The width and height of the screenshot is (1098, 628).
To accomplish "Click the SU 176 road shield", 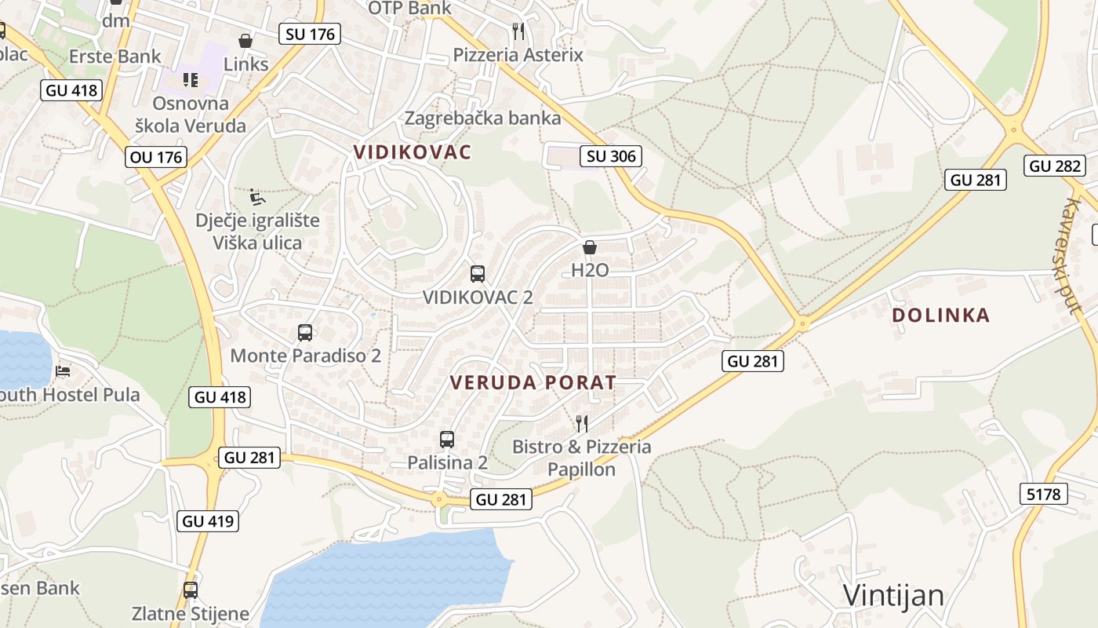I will pyautogui.click(x=309, y=34).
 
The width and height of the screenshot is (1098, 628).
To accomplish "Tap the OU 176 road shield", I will pyautogui.click(x=156, y=157).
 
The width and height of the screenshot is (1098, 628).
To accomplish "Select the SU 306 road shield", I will pyautogui.click(x=612, y=155).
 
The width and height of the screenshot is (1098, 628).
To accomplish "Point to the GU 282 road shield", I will pyautogui.click(x=1055, y=166).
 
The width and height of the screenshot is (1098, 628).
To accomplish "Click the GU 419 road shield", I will pyautogui.click(x=208, y=520).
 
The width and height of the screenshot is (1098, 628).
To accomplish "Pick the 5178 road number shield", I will pyautogui.click(x=1044, y=494).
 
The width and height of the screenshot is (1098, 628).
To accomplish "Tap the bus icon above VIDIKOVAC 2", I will pyautogui.click(x=478, y=273).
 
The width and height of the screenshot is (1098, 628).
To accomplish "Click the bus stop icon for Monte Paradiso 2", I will pyautogui.click(x=305, y=332).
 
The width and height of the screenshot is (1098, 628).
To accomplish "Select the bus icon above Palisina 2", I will pyautogui.click(x=447, y=440).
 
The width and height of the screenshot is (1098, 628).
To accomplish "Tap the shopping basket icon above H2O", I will pyautogui.click(x=590, y=247).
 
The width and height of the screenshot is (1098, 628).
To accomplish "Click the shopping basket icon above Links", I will pyautogui.click(x=245, y=40).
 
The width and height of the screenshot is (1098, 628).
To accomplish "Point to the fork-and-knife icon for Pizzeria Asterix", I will pyautogui.click(x=518, y=31).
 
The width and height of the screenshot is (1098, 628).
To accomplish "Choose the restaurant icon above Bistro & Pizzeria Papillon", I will pyautogui.click(x=581, y=424).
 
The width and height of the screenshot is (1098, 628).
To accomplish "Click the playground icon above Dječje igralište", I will pyautogui.click(x=257, y=196).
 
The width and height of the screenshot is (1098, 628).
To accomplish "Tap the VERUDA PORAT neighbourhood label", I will pyautogui.click(x=533, y=383).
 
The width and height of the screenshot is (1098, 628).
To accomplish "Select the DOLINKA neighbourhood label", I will pyautogui.click(x=940, y=316).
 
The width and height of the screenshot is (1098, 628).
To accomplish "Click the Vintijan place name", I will pyautogui.click(x=893, y=595).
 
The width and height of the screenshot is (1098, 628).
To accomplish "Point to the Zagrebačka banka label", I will pyautogui.click(x=482, y=119).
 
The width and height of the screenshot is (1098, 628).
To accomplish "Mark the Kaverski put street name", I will pyautogui.click(x=1072, y=255).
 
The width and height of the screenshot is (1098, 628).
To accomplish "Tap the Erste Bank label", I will pyautogui.click(x=115, y=57).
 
